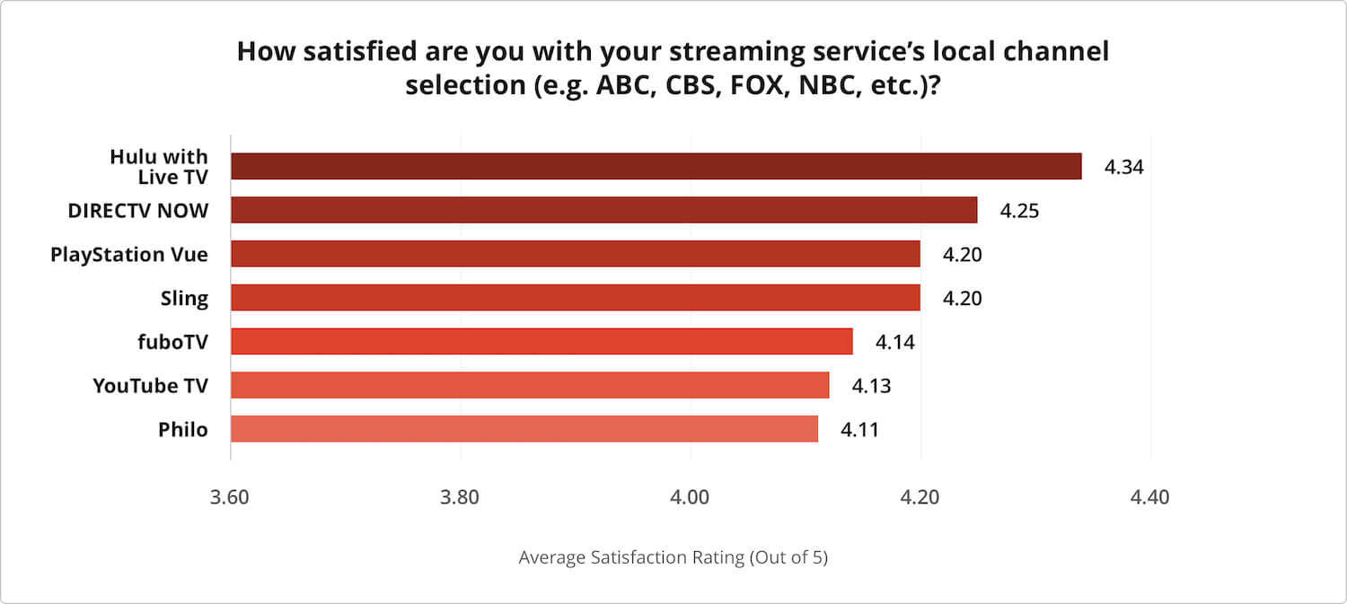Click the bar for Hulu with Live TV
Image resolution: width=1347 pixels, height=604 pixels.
click(x=656, y=166)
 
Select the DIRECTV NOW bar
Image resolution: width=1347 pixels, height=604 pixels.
click(x=603, y=210)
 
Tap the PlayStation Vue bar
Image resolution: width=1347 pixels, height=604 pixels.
click(x=575, y=254)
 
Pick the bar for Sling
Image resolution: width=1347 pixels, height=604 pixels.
click(x=575, y=297)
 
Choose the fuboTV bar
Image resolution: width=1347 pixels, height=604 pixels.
click(x=541, y=341)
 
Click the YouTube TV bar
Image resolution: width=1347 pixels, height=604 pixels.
click(x=530, y=385)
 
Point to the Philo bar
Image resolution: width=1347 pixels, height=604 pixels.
click(x=524, y=429)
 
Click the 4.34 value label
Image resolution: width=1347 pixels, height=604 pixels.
click(x=1123, y=167)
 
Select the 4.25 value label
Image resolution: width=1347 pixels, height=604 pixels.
click(x=1019, y=211)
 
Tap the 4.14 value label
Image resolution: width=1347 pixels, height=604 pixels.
click(x=894, y=342)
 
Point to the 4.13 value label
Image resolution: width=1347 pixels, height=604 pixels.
click(x=871, y=386)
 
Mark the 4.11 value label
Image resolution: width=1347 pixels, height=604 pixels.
click(x=859, y=430)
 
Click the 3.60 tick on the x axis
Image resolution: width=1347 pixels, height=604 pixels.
click(x=231, y=497)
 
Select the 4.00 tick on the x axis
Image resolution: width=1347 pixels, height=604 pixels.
click(x=691, y=497)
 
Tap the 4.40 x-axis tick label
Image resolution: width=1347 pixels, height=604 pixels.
click(x=1150, y=497)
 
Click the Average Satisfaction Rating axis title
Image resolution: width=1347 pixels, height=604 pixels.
click(x=673, y=557)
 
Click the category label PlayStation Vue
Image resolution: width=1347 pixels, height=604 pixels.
click(x=129, y=254)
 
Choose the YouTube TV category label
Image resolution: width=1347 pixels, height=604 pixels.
click(x=150, y=386)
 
